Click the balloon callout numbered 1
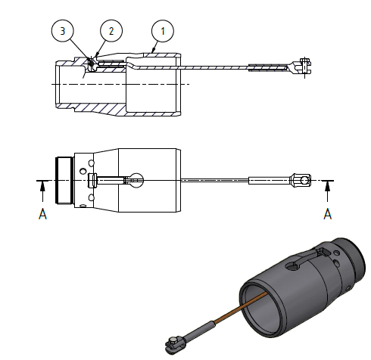pyautogui.click(x=160, y=30)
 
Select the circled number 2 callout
pyautogui.click(x=111, y=30)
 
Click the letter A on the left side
pyautogui.click(x=43, y=214)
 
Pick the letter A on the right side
pyautogui.click(x=328, y=214)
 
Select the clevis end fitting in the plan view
pyautogui.click(x=301, y=180)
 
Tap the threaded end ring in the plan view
pyautogui.click(x=64, y=180)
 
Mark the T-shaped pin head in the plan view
pyautogui.click(x=92, y=180)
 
